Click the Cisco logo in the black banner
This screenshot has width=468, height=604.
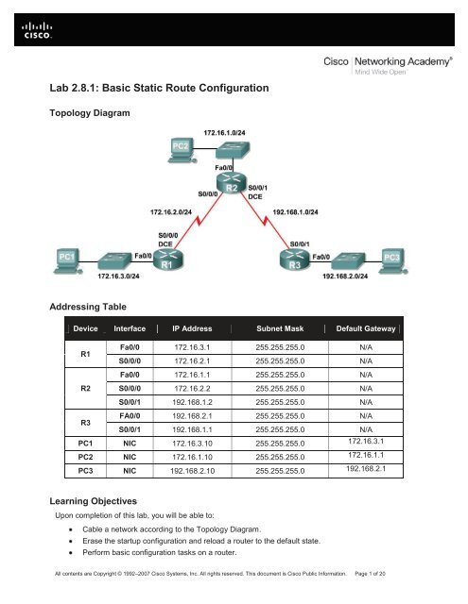(37, 30)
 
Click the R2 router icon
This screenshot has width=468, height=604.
(232, 183)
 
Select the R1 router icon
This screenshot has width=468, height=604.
(168, 259)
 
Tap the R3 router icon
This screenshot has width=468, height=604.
(295, 260)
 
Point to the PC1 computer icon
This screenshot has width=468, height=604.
(68, 261)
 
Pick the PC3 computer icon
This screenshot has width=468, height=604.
(392, 261)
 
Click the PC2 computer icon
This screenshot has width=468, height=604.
(182, 150)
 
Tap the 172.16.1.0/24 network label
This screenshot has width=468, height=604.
(224, 133)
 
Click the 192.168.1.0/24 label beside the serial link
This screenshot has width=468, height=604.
(295, 212)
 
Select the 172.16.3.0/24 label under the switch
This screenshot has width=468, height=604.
(118, 277)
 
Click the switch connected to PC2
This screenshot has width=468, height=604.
(233, 150)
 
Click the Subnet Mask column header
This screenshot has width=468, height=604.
(280, 328)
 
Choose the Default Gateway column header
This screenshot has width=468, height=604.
(366, 328)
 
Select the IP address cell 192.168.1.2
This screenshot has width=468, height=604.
(192, 402)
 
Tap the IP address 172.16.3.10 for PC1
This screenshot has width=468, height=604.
(192, 444)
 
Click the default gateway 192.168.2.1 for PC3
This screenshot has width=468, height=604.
(366, 469)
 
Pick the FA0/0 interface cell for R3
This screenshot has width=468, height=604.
(130, 416)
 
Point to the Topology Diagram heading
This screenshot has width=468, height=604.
(90, 113)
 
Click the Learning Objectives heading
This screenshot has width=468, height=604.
(93, 501)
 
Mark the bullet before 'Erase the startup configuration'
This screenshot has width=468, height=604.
(71, 541)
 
